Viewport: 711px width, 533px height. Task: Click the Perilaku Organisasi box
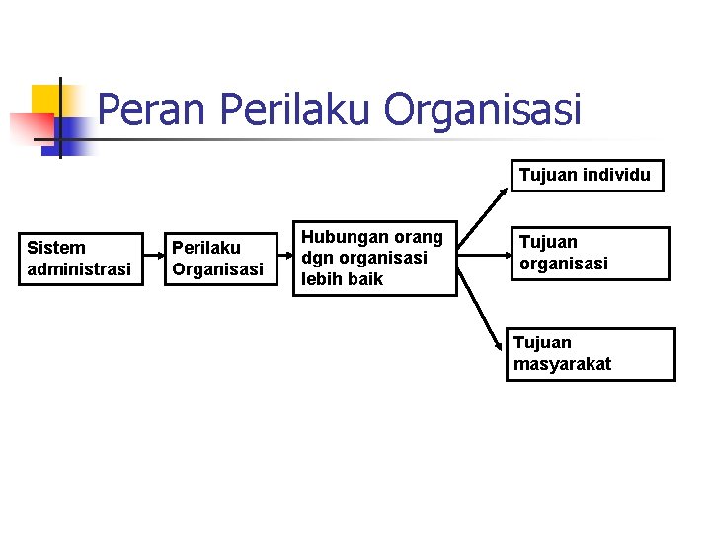coord(217,259)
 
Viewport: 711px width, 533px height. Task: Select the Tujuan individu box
coord(586,176)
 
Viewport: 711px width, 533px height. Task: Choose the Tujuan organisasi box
coord(589,254)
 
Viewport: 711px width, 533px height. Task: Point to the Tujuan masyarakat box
coord(593,353)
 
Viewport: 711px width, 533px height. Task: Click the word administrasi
coord(79,269)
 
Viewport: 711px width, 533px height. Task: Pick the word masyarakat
coord(562,364)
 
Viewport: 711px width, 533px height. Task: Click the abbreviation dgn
coord(317,258)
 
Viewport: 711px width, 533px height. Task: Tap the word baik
coord(363,279)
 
